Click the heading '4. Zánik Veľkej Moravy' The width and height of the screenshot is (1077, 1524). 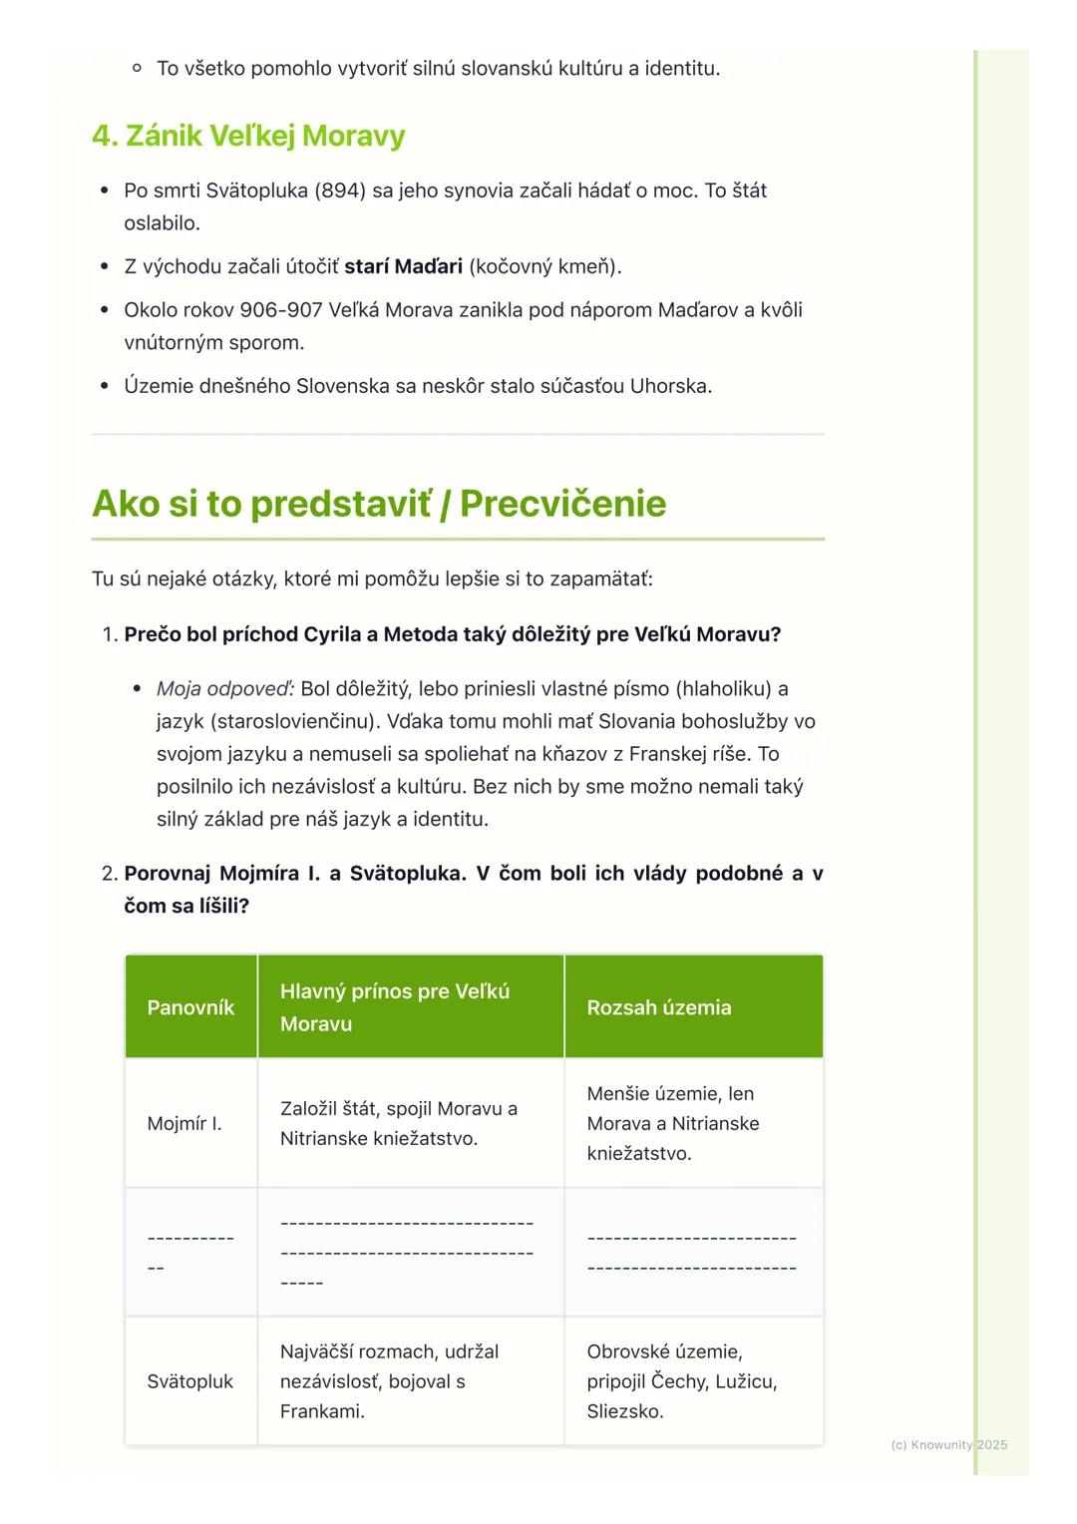(x=248, y=136)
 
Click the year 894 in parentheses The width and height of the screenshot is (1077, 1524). (x=340, y=190)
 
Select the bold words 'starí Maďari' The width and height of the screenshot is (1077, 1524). (x=403, y=266)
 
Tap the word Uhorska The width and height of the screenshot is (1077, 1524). (x=670, y=386)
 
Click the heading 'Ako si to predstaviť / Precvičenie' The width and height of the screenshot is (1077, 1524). (x=379, y=504)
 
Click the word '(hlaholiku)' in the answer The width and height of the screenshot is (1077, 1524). (x=724, y=689)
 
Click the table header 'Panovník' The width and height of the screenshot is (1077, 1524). (x=190, y=1007)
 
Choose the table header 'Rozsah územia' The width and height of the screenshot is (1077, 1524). (x=659, y=1007)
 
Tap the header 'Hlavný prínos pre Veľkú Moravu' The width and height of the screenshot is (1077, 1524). (x=395, y=1007)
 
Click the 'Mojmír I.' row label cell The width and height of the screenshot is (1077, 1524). (x=184, y=1124)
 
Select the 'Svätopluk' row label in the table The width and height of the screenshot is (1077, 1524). (x=189, y=1381)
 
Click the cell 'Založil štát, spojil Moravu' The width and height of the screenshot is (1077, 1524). (x=399, y=1123)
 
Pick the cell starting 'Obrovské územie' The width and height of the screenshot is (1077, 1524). (x=682, y=1381)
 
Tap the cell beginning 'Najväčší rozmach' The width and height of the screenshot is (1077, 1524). (x=389, y=1381)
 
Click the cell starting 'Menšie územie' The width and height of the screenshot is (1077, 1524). (x=673, y=1123)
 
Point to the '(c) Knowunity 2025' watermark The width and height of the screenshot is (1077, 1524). (x=948, y=1444)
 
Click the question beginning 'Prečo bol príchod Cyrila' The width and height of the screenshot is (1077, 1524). (x=452, y=634)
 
